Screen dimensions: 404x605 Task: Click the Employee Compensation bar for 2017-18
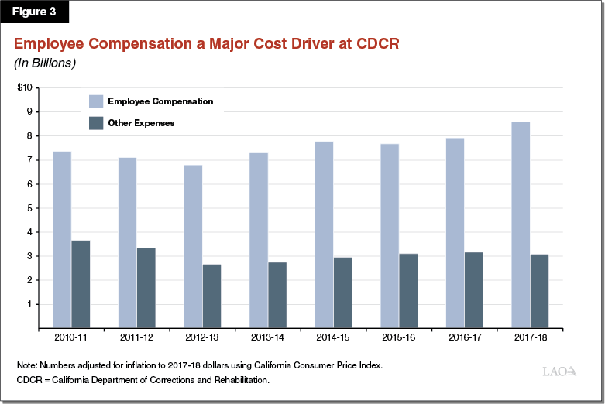(x=521, y=225)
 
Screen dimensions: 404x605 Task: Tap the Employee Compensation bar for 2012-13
(x=193, y=247)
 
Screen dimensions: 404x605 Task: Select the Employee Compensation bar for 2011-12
(x=127, y=243)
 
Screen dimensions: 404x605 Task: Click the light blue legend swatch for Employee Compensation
(x=95, y=101)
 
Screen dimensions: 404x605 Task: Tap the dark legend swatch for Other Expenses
(x=95, y=122)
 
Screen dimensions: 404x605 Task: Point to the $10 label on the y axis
(x=24, y=87)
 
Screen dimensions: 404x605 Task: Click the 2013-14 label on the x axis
(x=268, y=338)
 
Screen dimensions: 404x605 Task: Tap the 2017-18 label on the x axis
(x=530, y=338)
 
